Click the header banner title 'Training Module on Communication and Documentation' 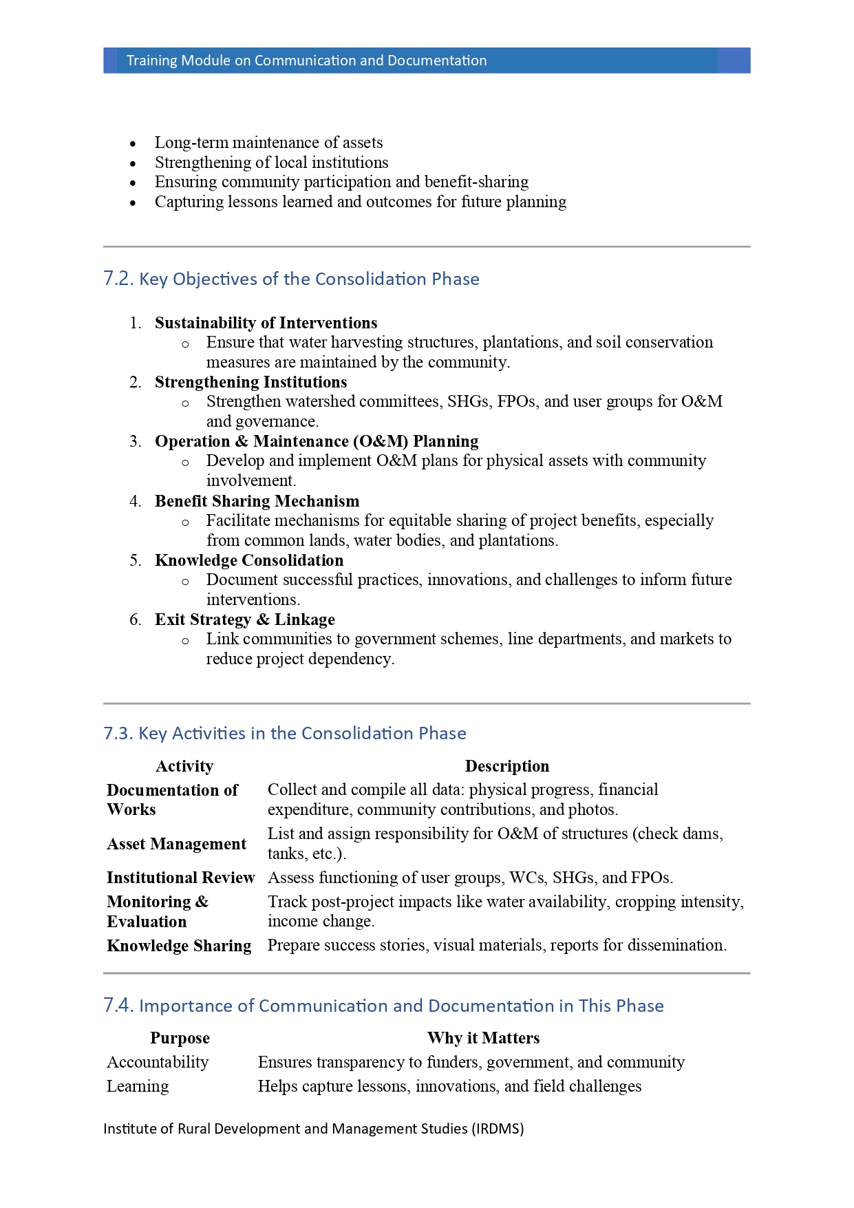[x=306, y=61]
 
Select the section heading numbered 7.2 [x=291, y=279]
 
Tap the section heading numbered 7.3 [x=284, y=733]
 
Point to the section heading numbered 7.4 [x=383, y=1006]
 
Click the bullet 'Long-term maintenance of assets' [x=268, y=142]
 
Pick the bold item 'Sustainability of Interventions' [x=266, y=323]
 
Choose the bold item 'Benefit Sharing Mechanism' [x=257, y=501]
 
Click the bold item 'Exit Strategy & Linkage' [x=244, y=619]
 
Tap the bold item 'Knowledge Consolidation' [x=249, y=560]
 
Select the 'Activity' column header [x=184, y=766]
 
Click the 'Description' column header [x=506, y=766]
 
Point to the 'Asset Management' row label [x=176, y=844]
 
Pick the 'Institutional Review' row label [x=180, y=878]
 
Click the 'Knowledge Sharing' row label [x=179, y=946]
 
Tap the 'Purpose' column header [x=180, y=1038]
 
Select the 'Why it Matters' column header [x=483, y=1038]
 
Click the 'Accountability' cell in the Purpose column [x=158, y=1062]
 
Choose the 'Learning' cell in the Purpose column [x=138, y=1086]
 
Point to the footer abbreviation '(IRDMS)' [x=498, y=1129]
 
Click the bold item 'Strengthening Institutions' [x=250, y=382]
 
